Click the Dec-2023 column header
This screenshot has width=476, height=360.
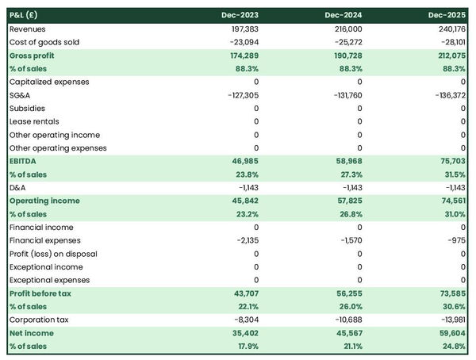[x=241, y=15]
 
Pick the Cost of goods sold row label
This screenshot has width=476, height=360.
[x=44, y=42]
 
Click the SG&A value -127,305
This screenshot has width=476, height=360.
[x=241, y=95]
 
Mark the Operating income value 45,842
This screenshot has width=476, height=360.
[x=243, y=201]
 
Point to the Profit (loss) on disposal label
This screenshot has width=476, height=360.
[x=54, y=254]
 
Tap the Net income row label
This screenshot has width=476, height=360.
[x=32, y=333]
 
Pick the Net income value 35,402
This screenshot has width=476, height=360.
[x=243, y=333]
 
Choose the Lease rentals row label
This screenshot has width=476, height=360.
[x=33, y=121]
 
